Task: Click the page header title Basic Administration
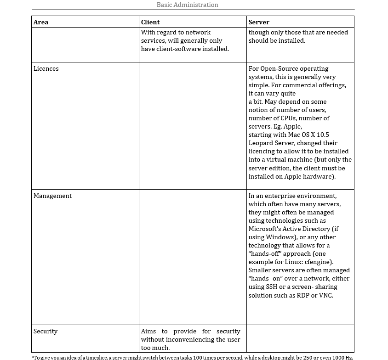click(x=187, y=5)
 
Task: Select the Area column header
click(x=41, y=22)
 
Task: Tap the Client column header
click(x=150, y=22)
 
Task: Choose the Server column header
click(x=259, y=22)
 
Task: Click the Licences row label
click(x=46, y=68)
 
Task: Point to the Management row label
click(x=52, y=196)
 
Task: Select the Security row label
click(x=46, y=331)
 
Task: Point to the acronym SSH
click(x=271, y=287)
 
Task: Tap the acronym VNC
click(x=325, y=295)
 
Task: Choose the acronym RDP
click(x=302, y=295)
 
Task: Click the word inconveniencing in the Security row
click(x=193, y=339)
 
